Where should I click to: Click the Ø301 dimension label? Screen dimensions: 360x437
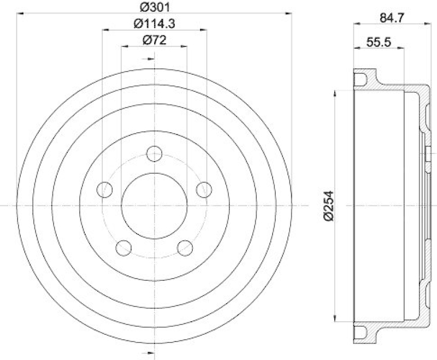click(x=153, y=7)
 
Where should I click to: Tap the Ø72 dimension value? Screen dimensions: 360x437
click(x=153, y=40)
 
